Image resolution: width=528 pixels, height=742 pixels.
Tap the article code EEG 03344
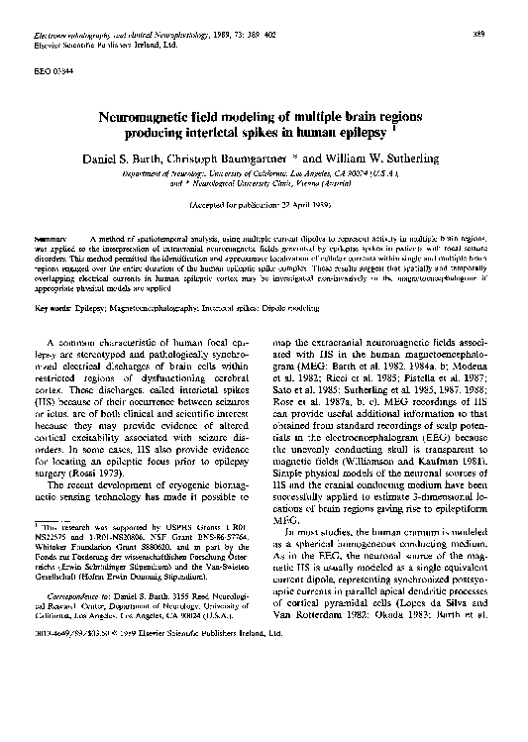pyautogui.click(x=48, y=73)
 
